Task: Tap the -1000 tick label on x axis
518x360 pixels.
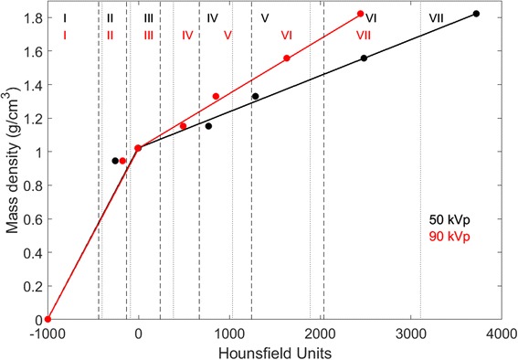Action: coord(48,334)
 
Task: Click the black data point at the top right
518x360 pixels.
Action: coord(476,14)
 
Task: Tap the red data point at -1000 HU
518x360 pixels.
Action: coord(48,319)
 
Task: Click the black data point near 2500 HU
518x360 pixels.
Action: coord(364,58)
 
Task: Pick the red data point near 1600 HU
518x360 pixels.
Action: coord(287,58)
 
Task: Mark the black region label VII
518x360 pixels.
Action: coord(436,18)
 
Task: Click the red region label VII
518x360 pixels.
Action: coord(363,35)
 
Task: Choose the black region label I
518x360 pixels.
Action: coord(66,18)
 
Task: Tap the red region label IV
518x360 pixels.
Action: coord(187,35)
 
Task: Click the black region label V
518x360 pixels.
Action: coord(264,18)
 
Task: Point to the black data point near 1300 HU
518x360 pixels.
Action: coord(255,96)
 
